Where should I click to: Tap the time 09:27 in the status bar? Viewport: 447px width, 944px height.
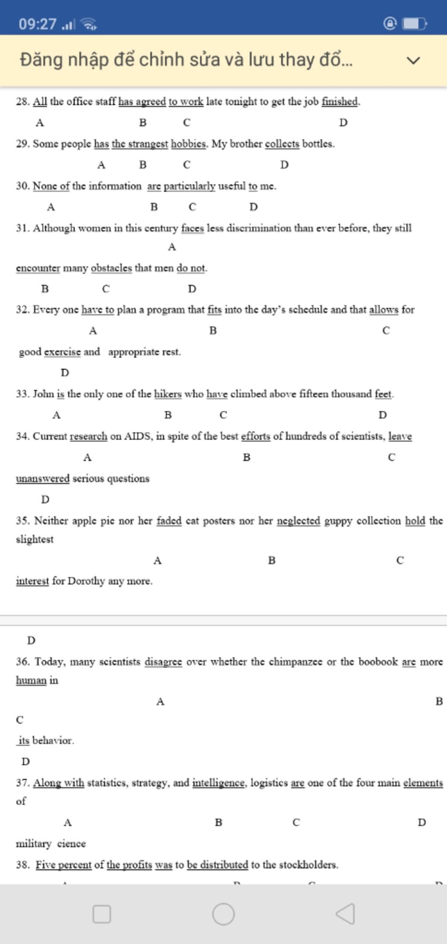coord(38,24)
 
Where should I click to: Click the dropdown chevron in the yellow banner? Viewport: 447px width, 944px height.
coord(413,60)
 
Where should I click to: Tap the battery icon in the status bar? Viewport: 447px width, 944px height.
coord(414,24)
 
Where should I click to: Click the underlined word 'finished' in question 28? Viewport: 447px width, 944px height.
coord(340,101)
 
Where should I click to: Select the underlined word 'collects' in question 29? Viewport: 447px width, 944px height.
coord(282,144)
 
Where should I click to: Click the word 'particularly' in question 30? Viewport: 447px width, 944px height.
coord(189,186)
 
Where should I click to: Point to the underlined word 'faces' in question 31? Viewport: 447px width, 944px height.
coord(193,228)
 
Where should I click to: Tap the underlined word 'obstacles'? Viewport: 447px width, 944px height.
coord(111,268)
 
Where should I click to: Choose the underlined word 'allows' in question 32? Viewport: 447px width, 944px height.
coord(384,310)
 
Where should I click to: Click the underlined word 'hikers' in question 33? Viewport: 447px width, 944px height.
coord(168,394)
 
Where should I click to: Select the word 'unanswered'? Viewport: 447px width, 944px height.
coord(43,479)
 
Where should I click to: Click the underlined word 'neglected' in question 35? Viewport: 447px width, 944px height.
coord(298,520)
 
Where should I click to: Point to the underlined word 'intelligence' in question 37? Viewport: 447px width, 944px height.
coord(219,782)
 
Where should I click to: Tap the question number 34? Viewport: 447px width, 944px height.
coord(22,436)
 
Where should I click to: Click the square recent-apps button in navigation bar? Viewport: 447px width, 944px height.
coord(102,914)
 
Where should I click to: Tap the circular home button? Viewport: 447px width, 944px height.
coord(223,914)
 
